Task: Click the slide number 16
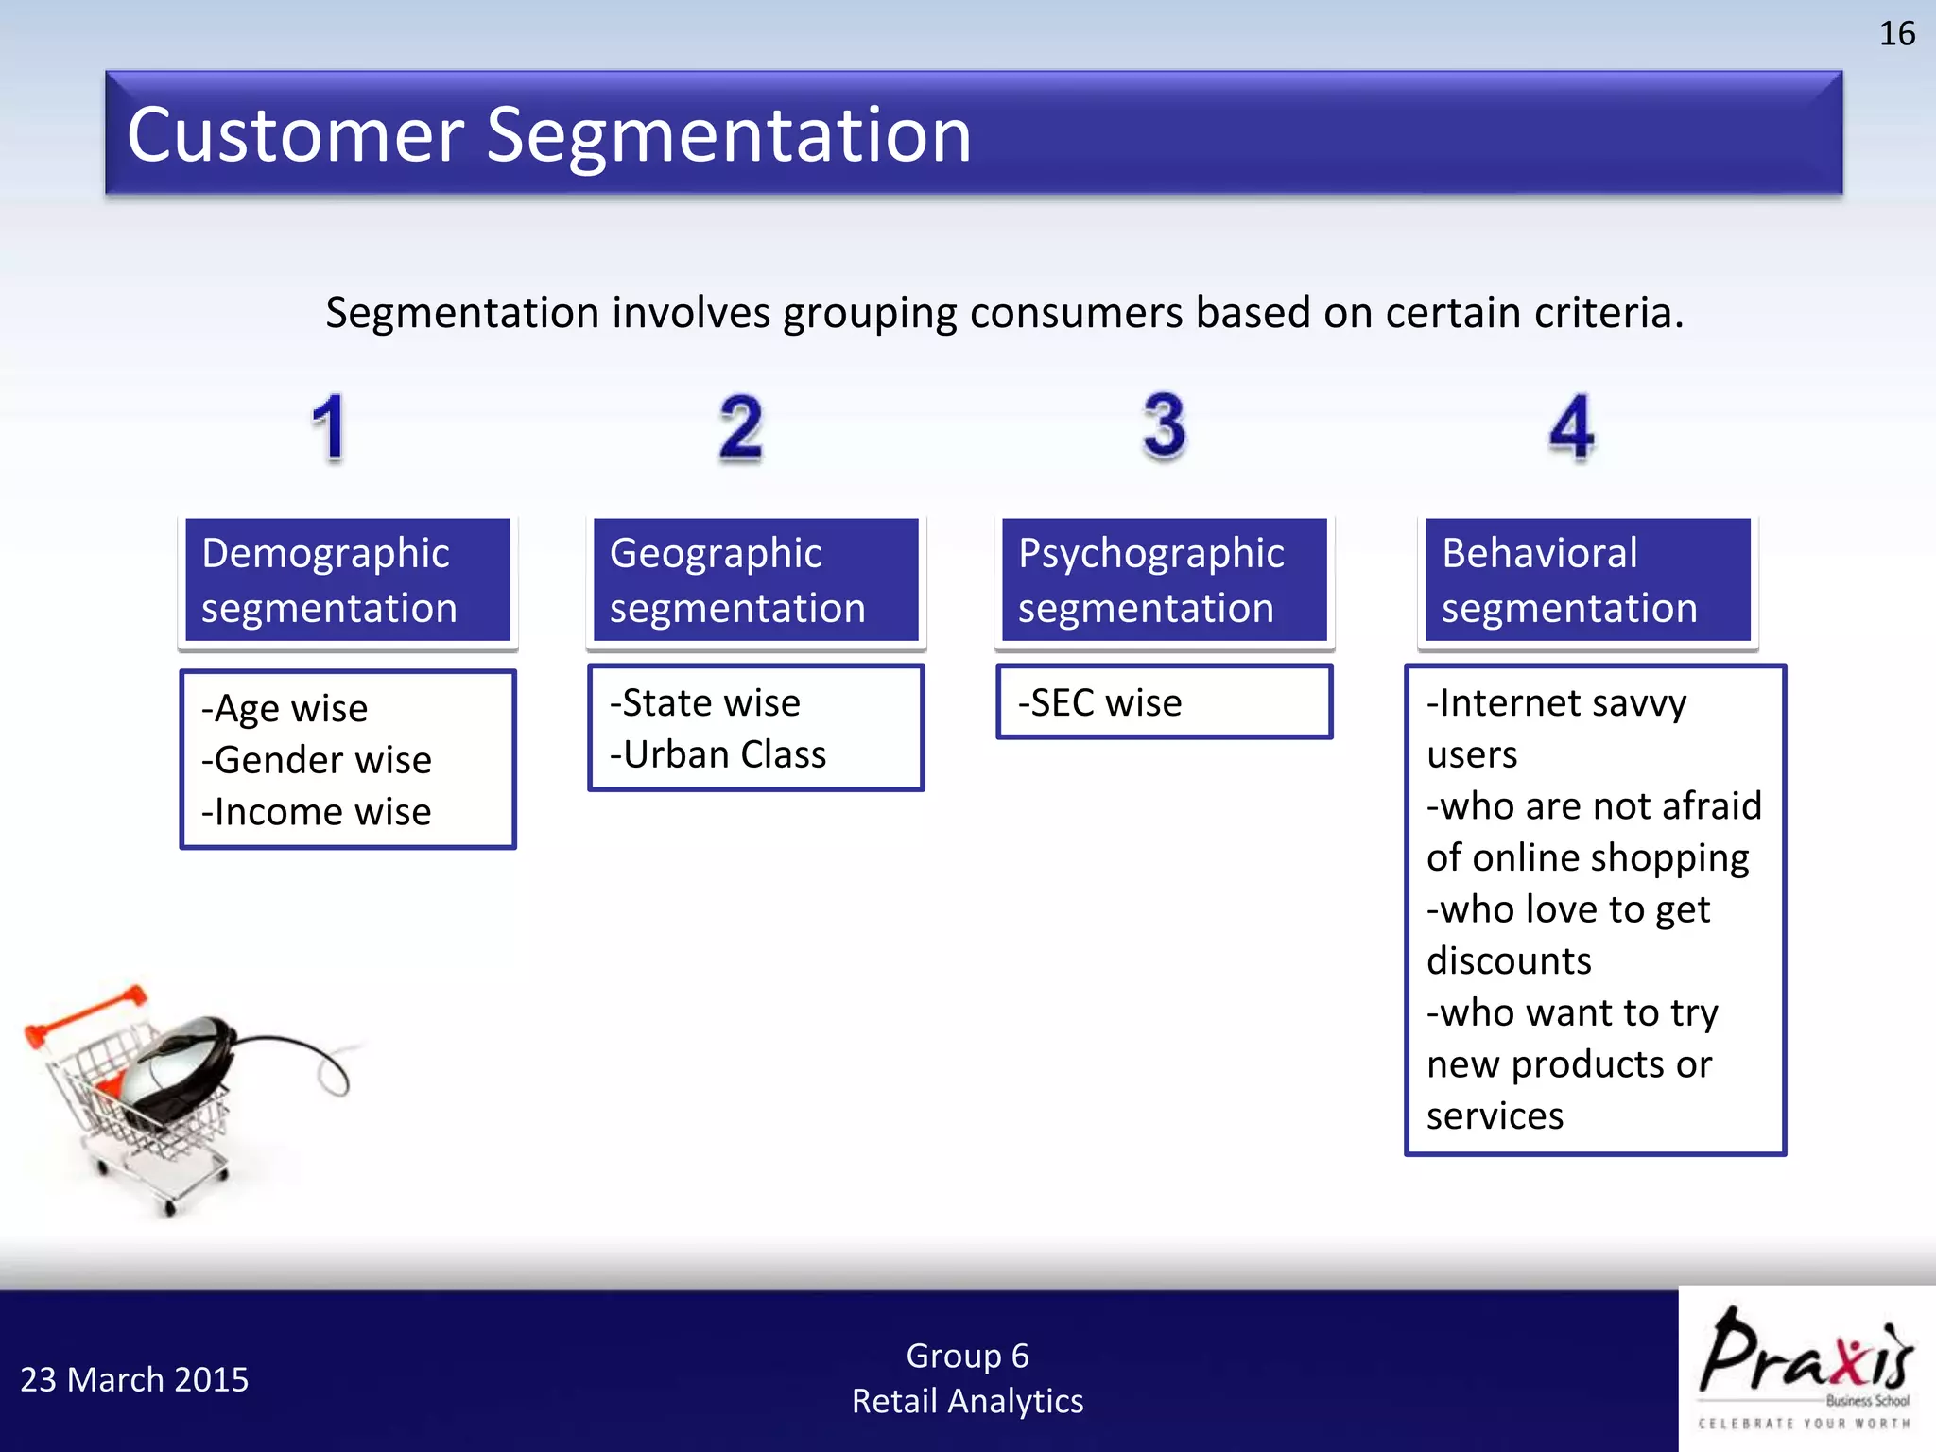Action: click(x=1895, y=34)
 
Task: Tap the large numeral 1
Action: click(x=329, y=428)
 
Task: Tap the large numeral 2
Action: click(x=740, y=428)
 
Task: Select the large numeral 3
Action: click(x=1164, y=426)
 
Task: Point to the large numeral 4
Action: click(x=1571, y=427)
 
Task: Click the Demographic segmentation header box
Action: click(x=347, y=580)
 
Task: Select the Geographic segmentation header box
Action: click(x=755, y=580)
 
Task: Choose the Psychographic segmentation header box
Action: click(x=1164, y=580)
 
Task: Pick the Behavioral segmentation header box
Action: click(x=1587, y=580)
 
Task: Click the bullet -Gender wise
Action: click(x=317, y=760)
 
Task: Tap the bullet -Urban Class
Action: click(x=718, y=754)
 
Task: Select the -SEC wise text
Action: click(x=1100, y=702)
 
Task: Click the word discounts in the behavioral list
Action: click(x=1509, y=961)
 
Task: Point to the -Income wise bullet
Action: click(x=317, y=812)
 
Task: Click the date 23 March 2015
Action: click(x=134, y=1379)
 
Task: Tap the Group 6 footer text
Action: click(x=967, y=1356)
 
